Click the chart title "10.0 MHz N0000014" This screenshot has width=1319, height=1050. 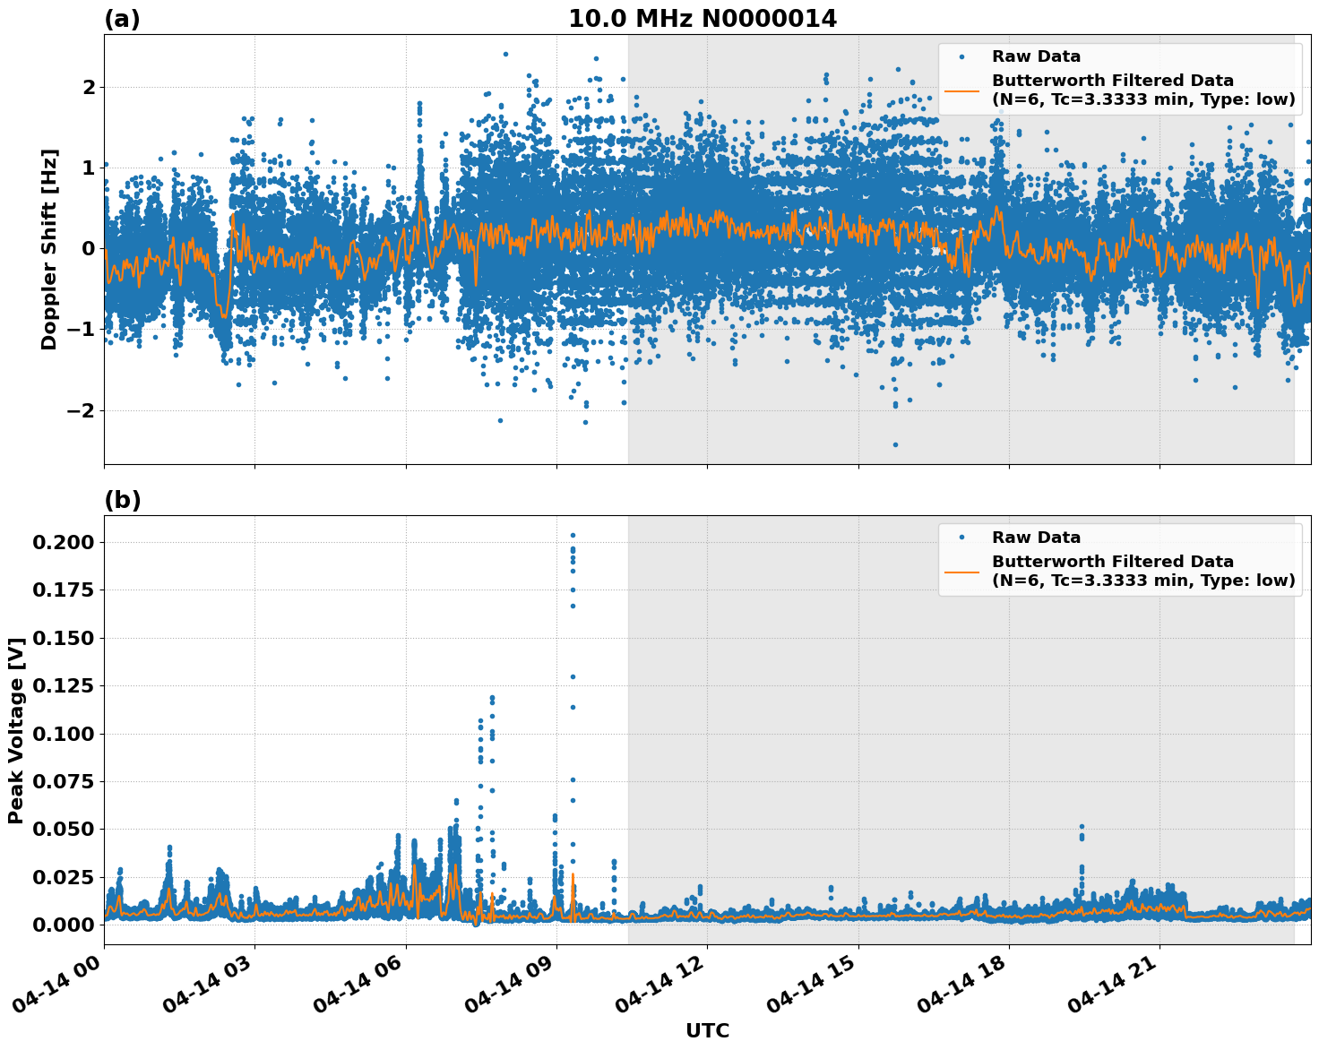[702, 19]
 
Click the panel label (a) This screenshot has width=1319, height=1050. [122, 19]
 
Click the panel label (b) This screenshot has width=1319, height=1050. [122, 500]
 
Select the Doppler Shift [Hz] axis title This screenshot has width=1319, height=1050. [49, 249]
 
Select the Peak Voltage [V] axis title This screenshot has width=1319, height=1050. [16, 730]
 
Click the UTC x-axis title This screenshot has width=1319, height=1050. [707, 1030]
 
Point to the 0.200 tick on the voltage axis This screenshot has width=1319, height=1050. [64, 542]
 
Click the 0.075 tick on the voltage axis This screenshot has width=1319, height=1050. [64, 781]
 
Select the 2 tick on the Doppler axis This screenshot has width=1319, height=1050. [89, 87]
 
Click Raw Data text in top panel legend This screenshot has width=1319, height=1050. [1036, 56]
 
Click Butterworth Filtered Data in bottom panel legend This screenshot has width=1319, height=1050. [1112, 562]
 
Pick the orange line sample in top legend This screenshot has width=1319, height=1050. [961, 90]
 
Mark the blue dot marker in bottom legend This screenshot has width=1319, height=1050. [961, 538]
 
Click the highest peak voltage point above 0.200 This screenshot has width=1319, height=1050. [573, 536]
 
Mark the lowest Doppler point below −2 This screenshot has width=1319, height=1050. [894, 444]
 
